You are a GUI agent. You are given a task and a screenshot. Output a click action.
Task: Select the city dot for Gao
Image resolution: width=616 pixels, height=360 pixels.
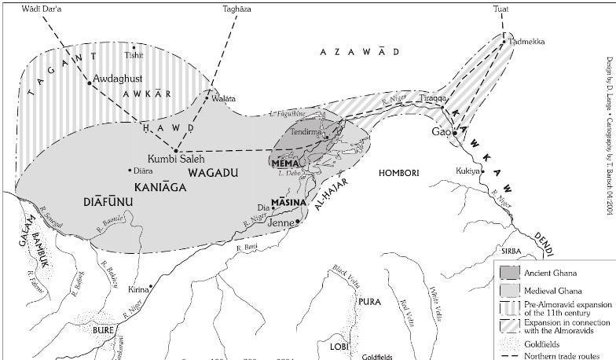pos(455,133)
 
